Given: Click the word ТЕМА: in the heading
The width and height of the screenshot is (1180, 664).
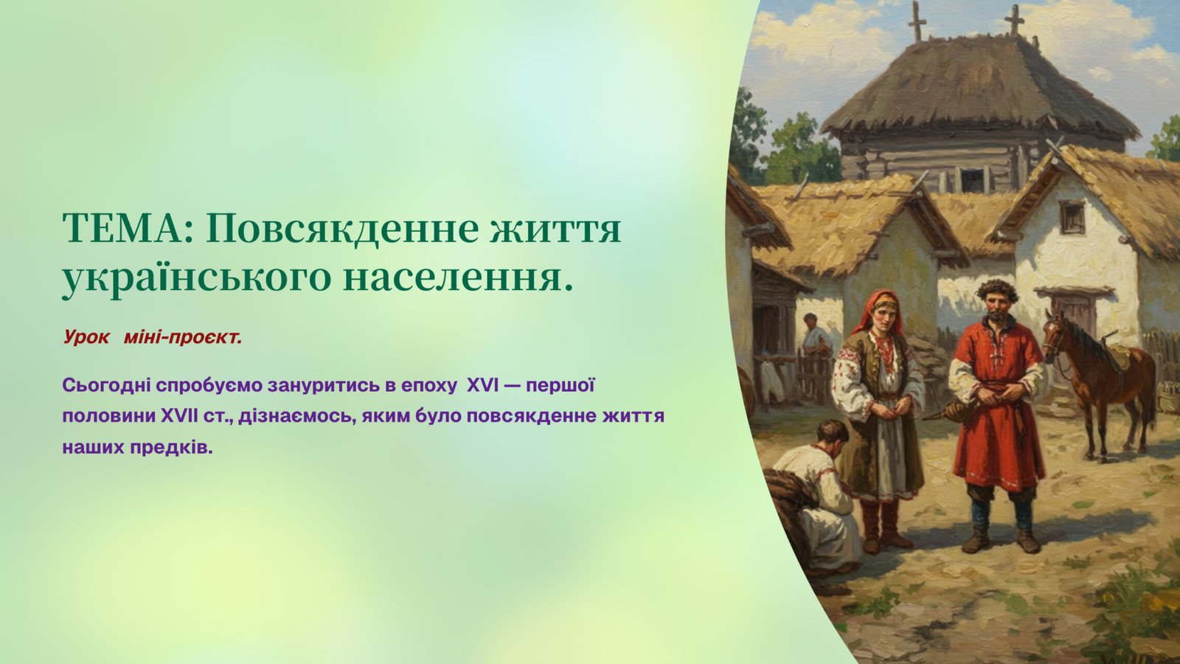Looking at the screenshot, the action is click(x=126, y=229).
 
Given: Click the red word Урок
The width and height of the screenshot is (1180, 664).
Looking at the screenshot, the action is click(x=86, y=336).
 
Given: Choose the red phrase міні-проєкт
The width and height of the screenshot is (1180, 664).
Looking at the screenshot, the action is click(x=183, y=336).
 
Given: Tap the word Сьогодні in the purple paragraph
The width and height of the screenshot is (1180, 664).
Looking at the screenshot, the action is click(x=108, y=387).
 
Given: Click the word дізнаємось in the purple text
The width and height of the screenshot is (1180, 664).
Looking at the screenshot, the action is click(x=295, y=417).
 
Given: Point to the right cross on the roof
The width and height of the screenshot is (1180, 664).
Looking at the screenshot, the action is click(x=1014, y=20).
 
